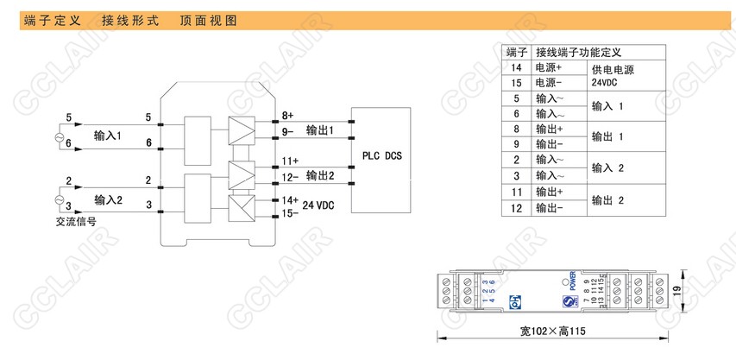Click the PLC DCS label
(x=381, y=155)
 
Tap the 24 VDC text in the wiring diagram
(x=319, y=205)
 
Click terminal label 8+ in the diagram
(x=287, y=115)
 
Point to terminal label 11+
(x=290, y=161)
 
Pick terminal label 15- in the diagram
(x=288, y=213)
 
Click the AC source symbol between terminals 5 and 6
(x=60, y=136)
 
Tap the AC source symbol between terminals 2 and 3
(x=60, y=199)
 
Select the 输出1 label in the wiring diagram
(x=319, y=129)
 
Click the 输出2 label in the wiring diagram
(x=319, y=175)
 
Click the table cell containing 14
(x=517, y=67)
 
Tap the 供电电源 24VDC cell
(x=613, y=76)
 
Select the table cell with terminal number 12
(x=517, y=207)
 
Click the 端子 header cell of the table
(x=517, y=52)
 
